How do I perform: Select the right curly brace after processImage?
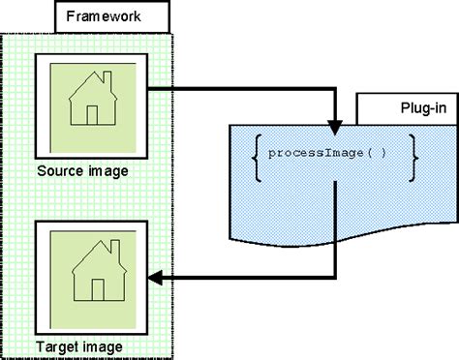413,156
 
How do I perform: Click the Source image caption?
83,171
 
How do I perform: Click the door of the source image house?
93,115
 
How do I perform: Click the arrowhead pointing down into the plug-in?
334,125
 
